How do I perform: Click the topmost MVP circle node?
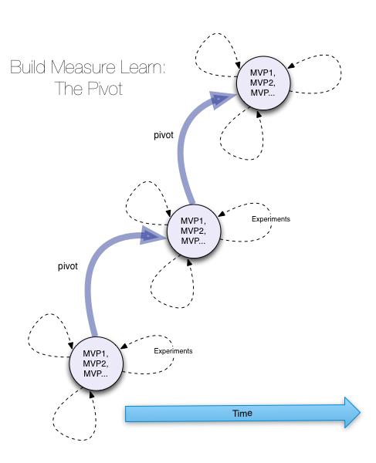click(x=263, y=83)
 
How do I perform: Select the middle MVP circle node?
click(x=194, y=231)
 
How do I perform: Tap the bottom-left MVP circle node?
click(x=96, y=363)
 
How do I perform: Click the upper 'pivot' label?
click(x=164, y=135)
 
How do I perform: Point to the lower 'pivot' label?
click(x=68, y=266)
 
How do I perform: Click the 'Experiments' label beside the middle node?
click(x=271, y=219)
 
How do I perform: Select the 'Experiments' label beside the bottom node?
click(x=173, y=351)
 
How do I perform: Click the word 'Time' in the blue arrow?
click(x=242, y=413)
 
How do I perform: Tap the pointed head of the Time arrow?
click(x=360, y=413)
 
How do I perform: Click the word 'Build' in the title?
click(x=28, y=67)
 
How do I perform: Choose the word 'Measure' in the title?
click(x=83, y=67)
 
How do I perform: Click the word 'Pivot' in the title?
click(x=105, y=88)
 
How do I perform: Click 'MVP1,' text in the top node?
click(x=263, y=73)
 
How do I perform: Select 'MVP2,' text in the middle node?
click(x=193, y=231)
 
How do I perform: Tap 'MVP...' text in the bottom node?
click(x=96, y=373)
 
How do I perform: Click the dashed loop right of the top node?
click(x=340, y=74)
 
